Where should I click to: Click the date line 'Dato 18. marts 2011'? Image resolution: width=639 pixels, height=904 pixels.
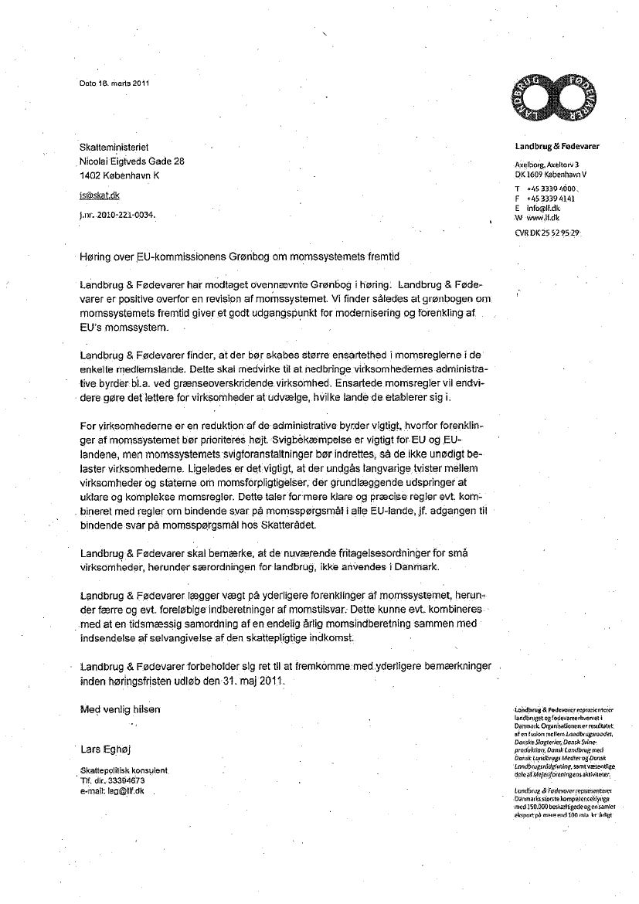(x=114, y=84)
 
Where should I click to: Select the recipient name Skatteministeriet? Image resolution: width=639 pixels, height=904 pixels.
(x=114, y=147)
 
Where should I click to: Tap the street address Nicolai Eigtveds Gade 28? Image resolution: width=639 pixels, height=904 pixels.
(x=132, y=161)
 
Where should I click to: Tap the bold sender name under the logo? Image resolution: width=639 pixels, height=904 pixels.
(x=556, y=146)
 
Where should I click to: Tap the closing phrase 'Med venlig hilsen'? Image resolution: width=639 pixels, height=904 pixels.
(x=121, y=710)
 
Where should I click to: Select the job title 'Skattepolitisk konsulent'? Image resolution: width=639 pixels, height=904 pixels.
(x=124, y=771)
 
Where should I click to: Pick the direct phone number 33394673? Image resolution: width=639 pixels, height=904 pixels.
(x=127, y=780)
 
